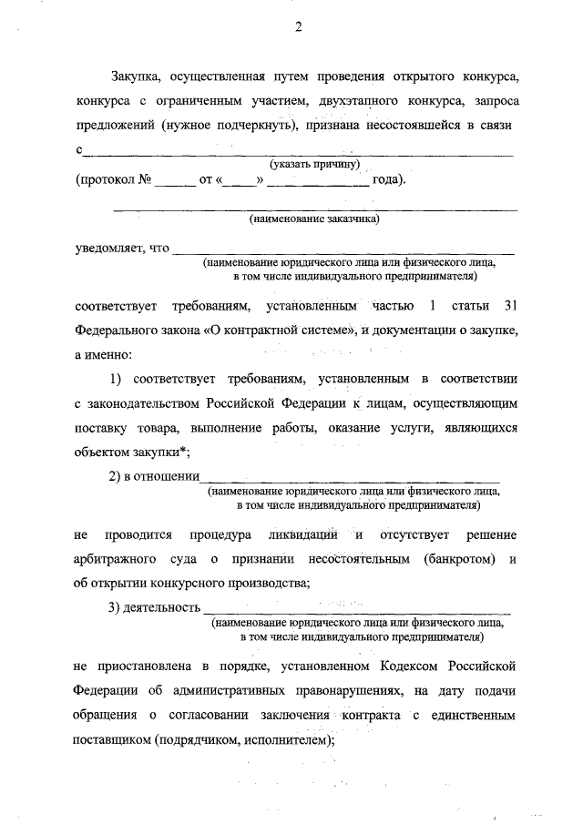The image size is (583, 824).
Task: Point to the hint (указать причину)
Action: [x=315, y=164]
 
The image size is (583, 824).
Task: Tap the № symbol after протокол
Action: [x=144, y=179]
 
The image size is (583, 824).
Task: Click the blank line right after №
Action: [x=175, y=181]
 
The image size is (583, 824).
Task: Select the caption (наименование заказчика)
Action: [x=314, y=219]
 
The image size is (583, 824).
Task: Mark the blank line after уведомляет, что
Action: [x=343, y=250]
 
